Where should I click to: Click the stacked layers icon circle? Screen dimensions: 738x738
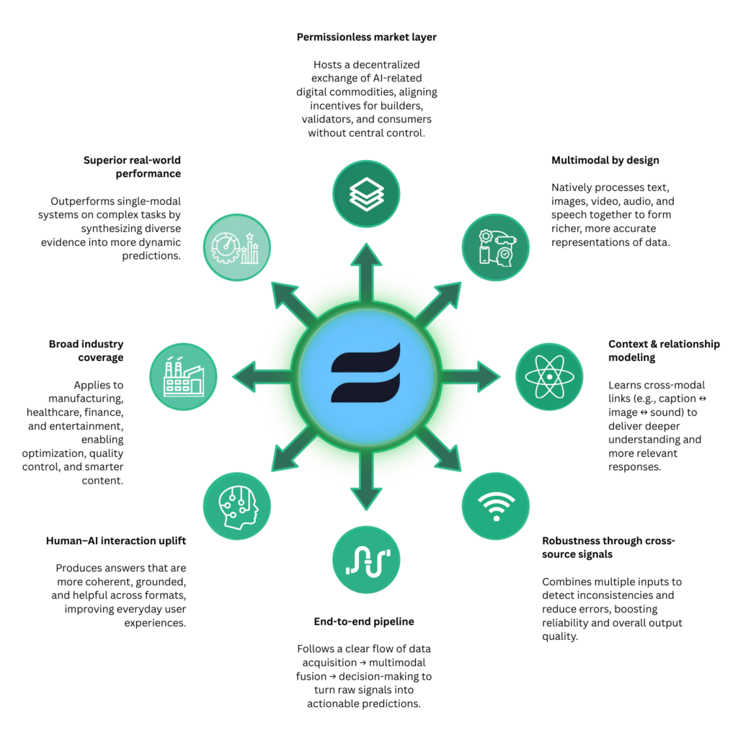coord(366,193)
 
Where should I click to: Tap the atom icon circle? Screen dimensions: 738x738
coord(549,375)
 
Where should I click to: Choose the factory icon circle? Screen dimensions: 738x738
coord(184,376)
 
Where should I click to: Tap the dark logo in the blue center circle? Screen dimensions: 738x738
coord(365,373)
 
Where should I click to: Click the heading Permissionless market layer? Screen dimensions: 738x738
coord(366,36)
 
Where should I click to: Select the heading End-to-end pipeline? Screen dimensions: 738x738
coord(364,621)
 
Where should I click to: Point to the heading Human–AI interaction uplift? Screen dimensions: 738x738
coord(116,541)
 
